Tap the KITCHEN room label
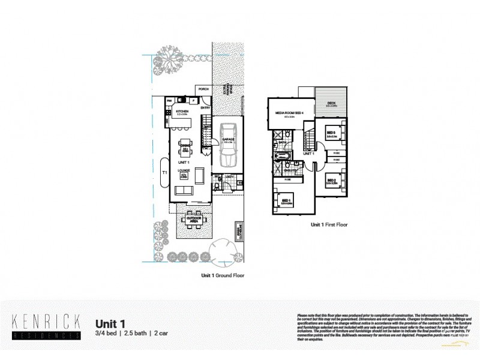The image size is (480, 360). tap(182, 111)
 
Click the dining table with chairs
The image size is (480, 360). tap(185, 146)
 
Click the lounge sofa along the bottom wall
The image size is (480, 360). tap(184, 191)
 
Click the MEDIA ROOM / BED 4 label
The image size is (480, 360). tap(286, 113)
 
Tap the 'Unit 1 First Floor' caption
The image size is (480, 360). tap(329, 224)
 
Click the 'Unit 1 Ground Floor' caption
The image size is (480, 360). tap(222, 275)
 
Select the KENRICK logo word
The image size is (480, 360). tap(46, 320)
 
